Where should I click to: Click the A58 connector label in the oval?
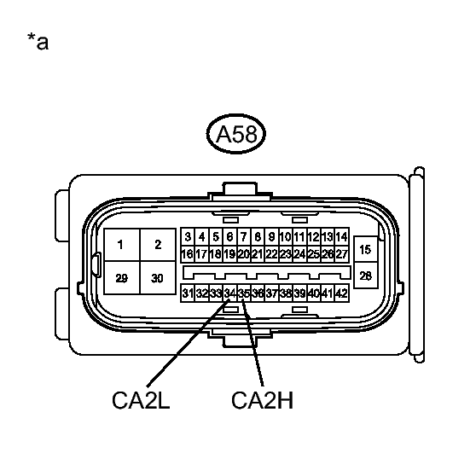(x=236, y=134)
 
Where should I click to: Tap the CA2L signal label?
(x=141, y=400)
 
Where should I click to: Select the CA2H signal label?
(x=262, y=400)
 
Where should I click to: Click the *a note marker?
(x=38, y=41)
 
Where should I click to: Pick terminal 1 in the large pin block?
(x=122, y=245)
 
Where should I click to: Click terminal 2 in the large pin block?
(x=158, y=245)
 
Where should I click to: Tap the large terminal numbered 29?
(x=122, y=278)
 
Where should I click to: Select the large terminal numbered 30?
(x=158, y=278)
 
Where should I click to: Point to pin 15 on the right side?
(x=366, y=250)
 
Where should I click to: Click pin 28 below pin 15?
(x=366, y=276)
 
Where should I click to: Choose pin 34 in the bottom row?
(x=229, y=293)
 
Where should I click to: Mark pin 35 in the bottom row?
(x=244, y=293)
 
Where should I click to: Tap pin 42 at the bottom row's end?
(x=342, y=293)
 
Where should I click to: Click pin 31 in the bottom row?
(x=188, y=293)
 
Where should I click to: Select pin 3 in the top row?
(x=188, y=236)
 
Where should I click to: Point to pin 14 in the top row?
(x=342, y=236)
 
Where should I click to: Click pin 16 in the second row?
(x=188, y=254)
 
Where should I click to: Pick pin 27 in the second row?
(x=342, y=254)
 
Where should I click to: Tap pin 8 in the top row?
(x=258, y=236)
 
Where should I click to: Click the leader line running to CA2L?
(x=189, y=343)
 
